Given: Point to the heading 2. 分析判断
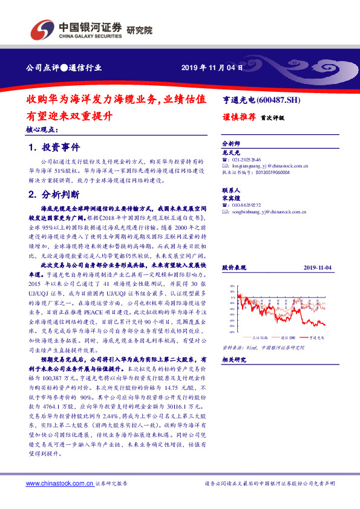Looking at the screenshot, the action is pos(54,195).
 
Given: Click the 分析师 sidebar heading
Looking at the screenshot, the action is pos(232,144).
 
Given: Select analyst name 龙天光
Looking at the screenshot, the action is pos(232,154).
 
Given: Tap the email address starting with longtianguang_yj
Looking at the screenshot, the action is pos(271,166).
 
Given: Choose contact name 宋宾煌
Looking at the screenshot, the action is pos(232,197).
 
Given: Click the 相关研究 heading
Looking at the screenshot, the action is pos(233,360).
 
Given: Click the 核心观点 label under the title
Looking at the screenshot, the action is pos(42,129).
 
